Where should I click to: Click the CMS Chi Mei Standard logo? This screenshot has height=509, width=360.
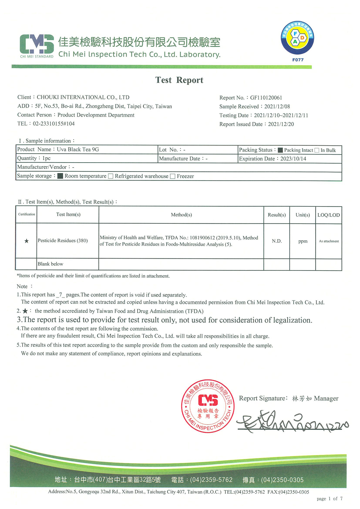pos(37,46)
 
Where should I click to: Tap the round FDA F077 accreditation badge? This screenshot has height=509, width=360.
pos(297,38)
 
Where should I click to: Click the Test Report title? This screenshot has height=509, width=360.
pos(179,80)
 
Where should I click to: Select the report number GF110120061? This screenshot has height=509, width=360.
pos(266,97)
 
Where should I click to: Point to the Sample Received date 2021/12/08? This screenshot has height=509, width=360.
pos(277,106)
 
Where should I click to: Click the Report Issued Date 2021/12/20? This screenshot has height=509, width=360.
pos(281,124)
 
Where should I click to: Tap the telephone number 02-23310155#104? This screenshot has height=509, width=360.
pos(54,124)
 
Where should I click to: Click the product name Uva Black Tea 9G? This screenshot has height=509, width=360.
pos(78,150)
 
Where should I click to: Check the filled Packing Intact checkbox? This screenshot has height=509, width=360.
pos(280,150)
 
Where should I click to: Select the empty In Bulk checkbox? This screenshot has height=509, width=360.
pos(317,150)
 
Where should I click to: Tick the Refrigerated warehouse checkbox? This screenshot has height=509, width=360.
pos(111,176)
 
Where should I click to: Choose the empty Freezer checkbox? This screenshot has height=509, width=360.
pos(173,176)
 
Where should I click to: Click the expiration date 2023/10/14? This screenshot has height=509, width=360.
pos(293,159)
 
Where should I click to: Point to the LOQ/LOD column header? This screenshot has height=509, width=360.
pos(328,215)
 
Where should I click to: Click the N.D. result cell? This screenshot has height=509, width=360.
pos(276,241)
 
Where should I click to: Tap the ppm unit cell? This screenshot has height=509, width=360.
pos(303,241)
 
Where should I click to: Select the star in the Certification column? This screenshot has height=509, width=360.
pos(26,241)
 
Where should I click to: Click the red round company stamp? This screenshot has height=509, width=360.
pos(208,406)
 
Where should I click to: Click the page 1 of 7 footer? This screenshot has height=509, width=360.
pos(329,499)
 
